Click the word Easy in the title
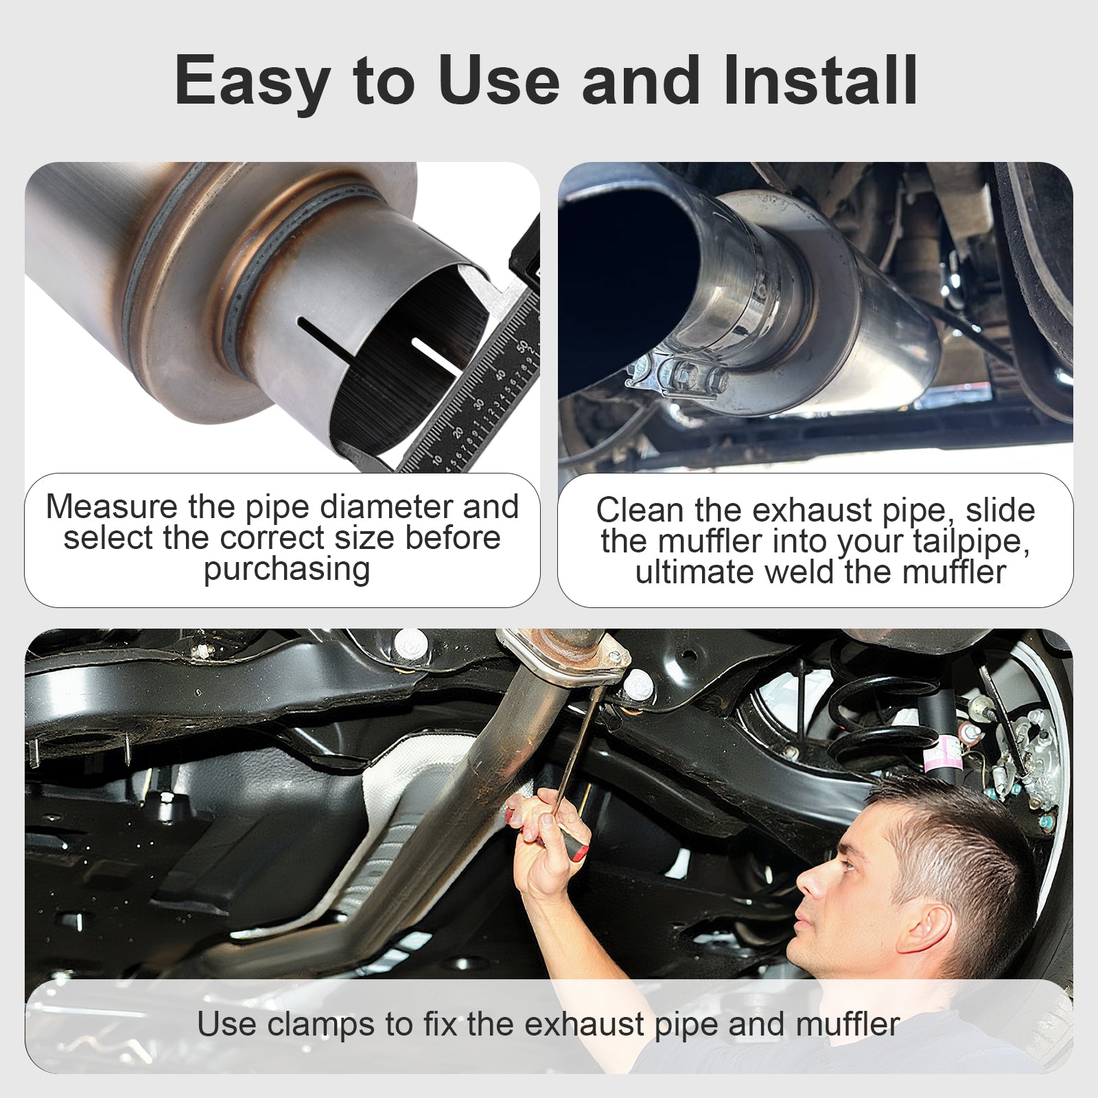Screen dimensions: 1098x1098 (x=252, y=81)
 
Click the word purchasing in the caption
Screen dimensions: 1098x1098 (x=287, y=570)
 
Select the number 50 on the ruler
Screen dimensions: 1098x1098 (x=525, y=346)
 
